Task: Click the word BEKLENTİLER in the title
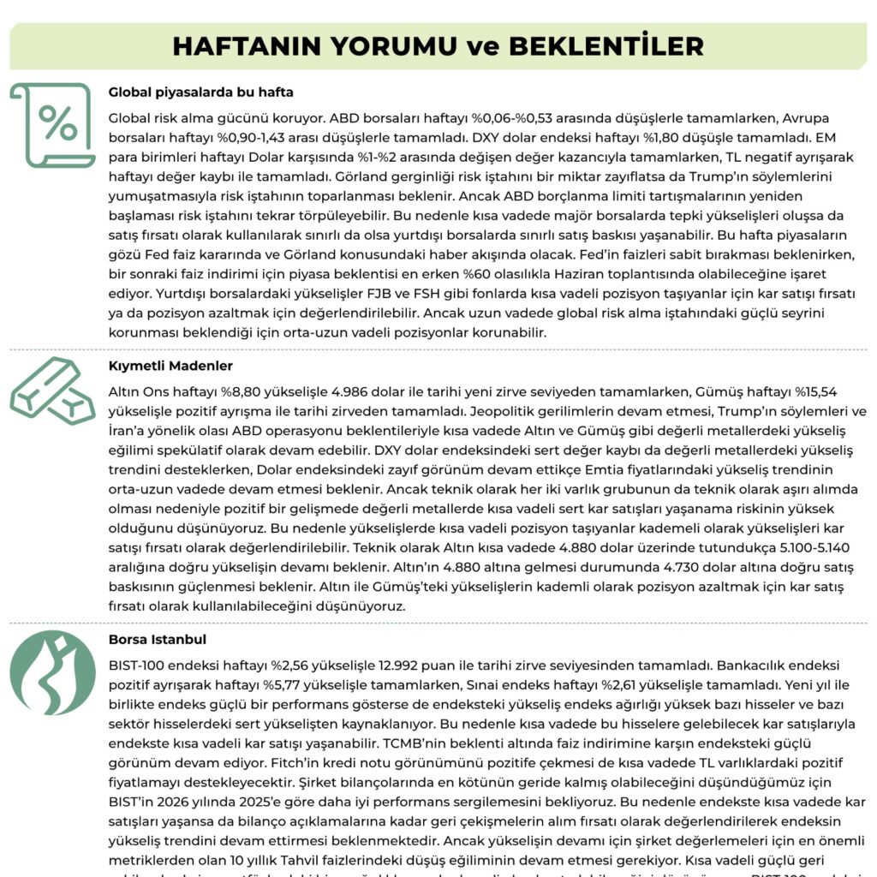(606, 46)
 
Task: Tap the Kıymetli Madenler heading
(170, 366)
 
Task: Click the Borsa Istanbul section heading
(158, 639)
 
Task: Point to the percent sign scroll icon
(53, 125)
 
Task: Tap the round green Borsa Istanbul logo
(53, 672)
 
